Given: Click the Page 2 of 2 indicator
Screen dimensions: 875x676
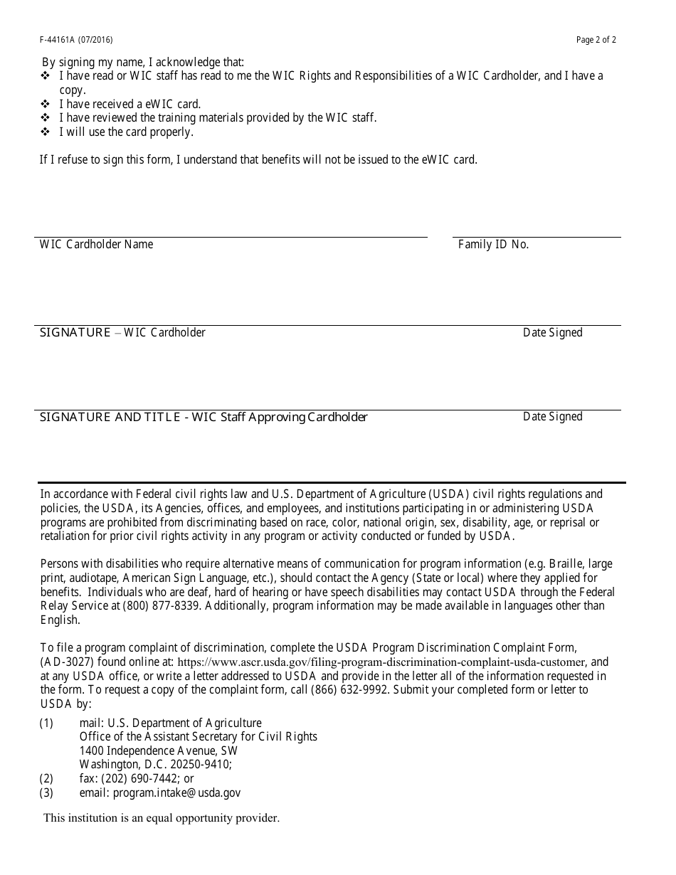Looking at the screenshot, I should coord(596,40).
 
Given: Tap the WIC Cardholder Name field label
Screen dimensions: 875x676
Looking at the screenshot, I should coord(96,245).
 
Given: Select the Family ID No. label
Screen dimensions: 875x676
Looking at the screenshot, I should coord(493,245).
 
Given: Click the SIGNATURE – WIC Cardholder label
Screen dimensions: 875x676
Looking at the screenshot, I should coord(122,333).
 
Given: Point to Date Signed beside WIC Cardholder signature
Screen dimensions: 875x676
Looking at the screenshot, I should coord(552,333).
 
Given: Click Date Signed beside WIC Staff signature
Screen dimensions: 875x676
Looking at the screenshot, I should coord(552,417).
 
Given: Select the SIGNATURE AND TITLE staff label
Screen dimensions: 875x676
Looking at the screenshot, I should coord(204,418).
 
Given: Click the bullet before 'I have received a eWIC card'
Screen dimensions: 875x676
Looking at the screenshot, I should coord(46,104).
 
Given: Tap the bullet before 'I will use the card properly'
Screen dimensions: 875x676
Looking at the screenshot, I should coord(46,132).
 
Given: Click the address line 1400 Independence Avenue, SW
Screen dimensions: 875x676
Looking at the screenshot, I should coord(158,751).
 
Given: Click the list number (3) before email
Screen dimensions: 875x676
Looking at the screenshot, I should coord(46,792).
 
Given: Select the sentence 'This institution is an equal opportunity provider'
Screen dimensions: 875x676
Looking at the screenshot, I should coord(162,818).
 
